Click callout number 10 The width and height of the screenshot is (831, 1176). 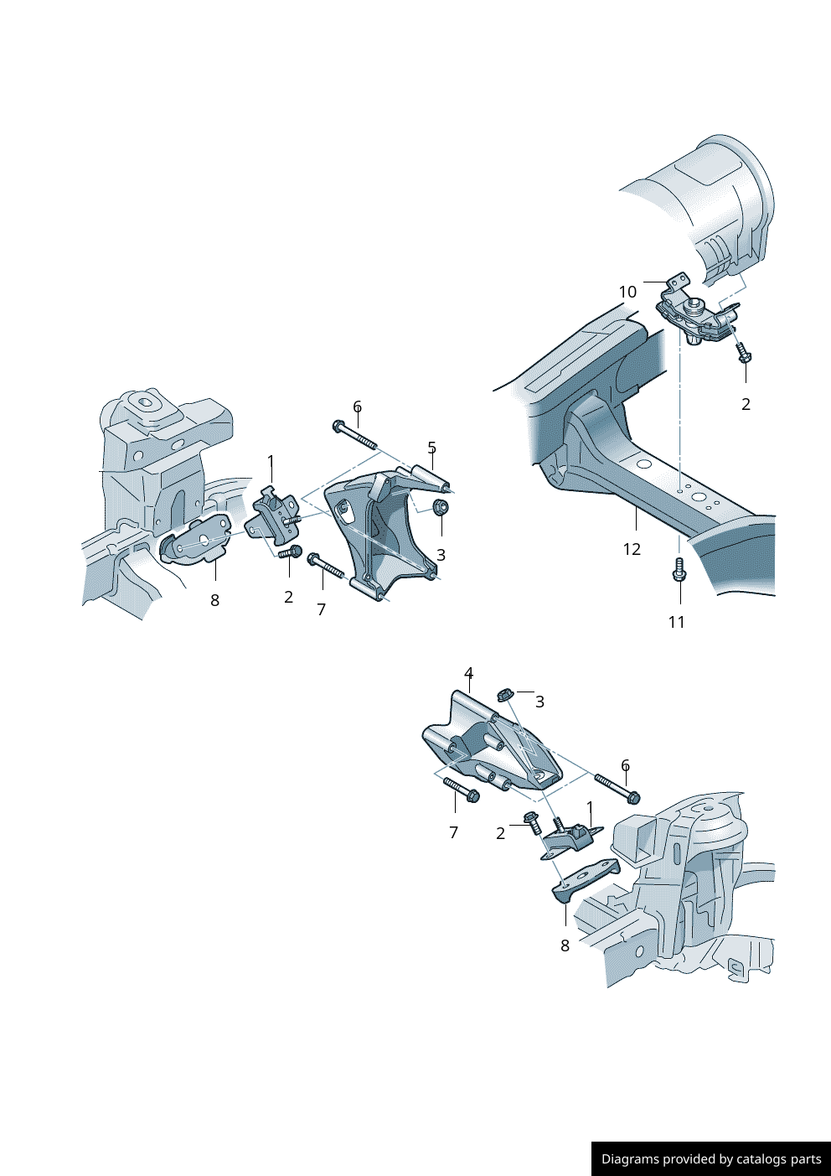click(x=627, y=292)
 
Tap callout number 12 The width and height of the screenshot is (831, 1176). click(x=632, y=549)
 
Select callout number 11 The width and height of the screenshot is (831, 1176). click(x=676, y=622)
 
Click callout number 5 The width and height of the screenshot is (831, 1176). click(x=431, y=448)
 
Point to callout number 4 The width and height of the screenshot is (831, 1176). click(x=468, y=673)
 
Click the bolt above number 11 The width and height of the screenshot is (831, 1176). click(x=679, y=569)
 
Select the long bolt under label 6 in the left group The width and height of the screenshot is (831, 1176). click(x=355, y=435)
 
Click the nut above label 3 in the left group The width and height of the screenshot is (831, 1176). click(x=441, y=507)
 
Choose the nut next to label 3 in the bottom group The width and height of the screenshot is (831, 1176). click(x=504, y=694)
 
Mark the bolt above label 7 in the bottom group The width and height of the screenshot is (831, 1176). click(x=460, y=789)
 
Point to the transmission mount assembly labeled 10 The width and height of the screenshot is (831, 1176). click(x=695, y=320)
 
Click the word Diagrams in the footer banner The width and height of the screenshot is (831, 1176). click(x=630, y=1159)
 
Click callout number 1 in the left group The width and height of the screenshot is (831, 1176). click(x=271, y=460)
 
